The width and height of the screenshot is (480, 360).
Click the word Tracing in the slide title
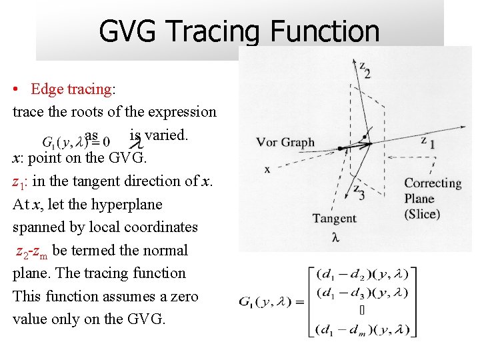coord(213,32)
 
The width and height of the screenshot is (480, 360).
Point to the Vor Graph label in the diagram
coord(285,142)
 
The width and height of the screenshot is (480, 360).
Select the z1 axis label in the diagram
coord(427,142)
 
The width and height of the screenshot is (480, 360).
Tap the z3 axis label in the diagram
coord(359,191)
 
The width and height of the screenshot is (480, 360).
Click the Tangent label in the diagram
coord(334,218)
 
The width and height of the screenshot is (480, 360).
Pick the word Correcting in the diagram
coord(433,183)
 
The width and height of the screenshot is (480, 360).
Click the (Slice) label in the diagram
coord(422,214)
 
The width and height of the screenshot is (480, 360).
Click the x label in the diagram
coord(268,169)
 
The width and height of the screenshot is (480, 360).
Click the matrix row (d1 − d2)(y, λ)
coord(363,274)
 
